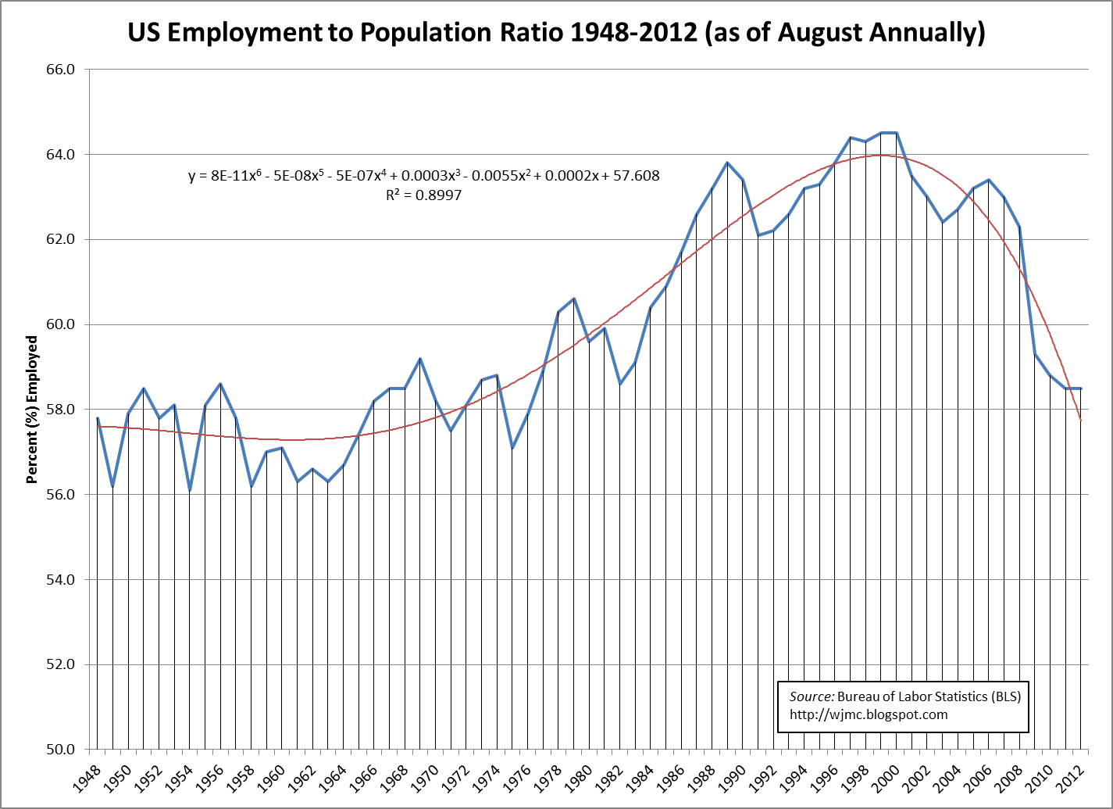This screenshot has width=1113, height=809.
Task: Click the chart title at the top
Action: pos(556,32)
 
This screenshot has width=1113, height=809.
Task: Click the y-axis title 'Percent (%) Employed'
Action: pos(32,410)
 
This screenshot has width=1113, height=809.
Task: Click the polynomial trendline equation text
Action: pos(424,176)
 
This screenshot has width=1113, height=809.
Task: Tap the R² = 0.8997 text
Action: pos(423,195)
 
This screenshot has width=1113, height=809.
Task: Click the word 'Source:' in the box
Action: pos(812,696)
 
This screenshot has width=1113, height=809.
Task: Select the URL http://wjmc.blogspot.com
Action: pos(869,714)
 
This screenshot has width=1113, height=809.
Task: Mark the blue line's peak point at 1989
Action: pos(727,163)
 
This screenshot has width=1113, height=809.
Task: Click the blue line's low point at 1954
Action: pos(190,490)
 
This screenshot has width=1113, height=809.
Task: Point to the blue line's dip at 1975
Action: pos(512,448)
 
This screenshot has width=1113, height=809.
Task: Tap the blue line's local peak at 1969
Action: pos(420,359)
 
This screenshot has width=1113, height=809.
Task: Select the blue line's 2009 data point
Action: pos(1035,354)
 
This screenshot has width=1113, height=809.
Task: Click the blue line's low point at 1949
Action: pos(113,486)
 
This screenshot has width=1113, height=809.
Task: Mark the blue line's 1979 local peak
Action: pos(574,299)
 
